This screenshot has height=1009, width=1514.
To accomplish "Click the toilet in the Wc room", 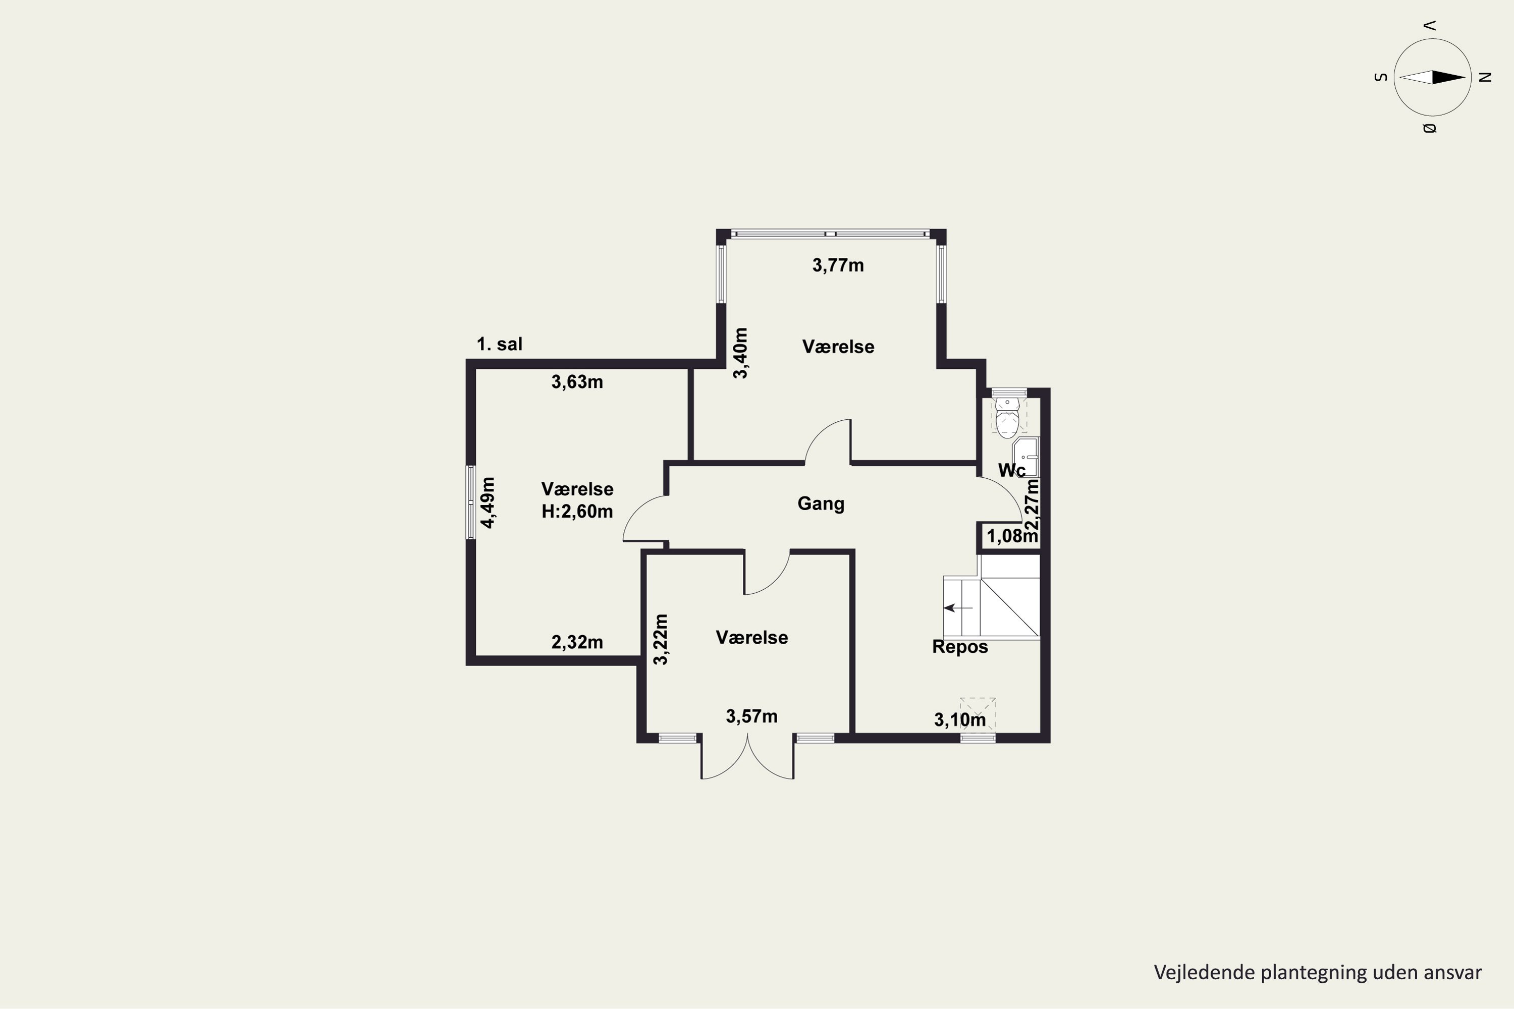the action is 1007,417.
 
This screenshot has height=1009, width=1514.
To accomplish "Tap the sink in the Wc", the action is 1026,457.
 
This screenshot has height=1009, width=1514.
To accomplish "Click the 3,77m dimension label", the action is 838,265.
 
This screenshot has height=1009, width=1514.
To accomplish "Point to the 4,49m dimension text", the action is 488,502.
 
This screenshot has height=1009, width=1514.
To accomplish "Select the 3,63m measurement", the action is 577,382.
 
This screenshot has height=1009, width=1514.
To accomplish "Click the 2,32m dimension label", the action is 577,642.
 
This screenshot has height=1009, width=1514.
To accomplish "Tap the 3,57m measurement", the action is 752,716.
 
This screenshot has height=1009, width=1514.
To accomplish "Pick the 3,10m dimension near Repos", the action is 960,720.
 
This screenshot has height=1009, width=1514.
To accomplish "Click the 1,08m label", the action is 1012,536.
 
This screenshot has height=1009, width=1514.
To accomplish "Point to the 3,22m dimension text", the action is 661,640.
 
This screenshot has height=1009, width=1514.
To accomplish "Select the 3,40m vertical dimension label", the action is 741,353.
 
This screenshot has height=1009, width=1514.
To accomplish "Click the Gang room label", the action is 821,504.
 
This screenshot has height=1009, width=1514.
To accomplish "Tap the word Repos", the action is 960,647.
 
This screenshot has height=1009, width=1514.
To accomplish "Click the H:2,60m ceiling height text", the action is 577,512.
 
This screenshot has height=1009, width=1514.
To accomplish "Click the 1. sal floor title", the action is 500,344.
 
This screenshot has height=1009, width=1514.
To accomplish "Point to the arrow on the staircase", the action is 958,607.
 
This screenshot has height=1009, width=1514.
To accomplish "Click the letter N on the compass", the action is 1486,77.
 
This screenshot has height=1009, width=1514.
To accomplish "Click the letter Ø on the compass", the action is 1429,129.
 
